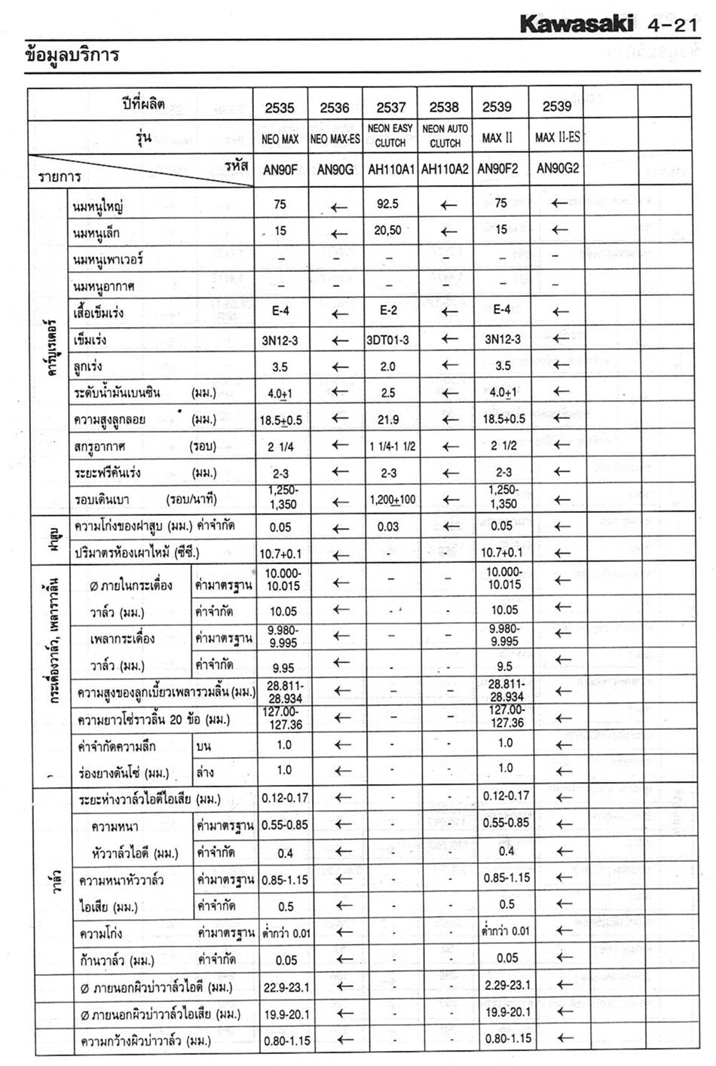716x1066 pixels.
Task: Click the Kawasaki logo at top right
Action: coord(577,26)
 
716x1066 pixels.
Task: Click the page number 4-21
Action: coord(672,26)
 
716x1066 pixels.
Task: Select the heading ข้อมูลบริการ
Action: coord(72,56)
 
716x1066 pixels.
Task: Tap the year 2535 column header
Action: coord(280,108)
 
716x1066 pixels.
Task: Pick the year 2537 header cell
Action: coord(390,108)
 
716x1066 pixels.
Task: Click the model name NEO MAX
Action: coord(280,139)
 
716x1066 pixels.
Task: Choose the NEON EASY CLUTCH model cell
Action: coord(390,136)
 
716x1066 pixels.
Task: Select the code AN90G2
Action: coord(557,169)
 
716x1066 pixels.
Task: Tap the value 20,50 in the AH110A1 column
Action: coord(388,231)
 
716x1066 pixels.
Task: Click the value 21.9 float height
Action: coord(388,419)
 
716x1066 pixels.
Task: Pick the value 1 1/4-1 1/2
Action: coord(392,446)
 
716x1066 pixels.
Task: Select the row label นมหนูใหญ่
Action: coord(98,206)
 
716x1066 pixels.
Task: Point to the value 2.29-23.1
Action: coord(505,985)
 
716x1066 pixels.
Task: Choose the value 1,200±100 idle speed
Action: coord(392,499)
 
